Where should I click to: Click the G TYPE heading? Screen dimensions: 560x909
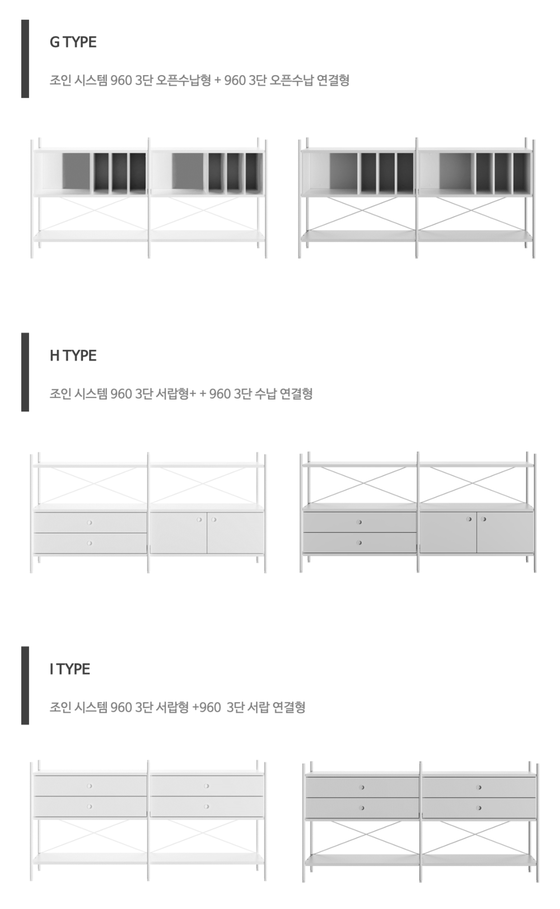point(73,42)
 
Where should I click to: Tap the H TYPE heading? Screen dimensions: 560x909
point(73,355)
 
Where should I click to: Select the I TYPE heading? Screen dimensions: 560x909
point(70,669)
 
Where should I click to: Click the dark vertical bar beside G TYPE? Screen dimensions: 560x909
point(25,59)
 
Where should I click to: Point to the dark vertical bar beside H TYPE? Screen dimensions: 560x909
point(25,372)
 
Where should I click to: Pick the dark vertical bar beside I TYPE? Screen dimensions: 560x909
point(25,686)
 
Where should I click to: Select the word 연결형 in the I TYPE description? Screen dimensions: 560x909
point(289,707)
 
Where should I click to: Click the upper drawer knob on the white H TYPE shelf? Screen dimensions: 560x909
point(90,523)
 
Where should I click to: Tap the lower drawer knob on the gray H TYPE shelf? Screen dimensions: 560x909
point(359,542)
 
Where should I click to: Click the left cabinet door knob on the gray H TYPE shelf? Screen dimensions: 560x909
point(469,519)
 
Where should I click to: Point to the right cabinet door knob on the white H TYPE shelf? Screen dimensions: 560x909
point(214,519)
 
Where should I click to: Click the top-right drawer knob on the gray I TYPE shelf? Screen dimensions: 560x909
point(479,787)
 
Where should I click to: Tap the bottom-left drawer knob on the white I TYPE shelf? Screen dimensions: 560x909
point(90,807)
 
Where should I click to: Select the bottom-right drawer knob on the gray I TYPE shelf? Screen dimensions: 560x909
point(479,808)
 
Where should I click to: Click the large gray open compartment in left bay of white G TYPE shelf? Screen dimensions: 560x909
point(76,171)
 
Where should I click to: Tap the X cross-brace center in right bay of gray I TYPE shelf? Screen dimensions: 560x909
point(478,837)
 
